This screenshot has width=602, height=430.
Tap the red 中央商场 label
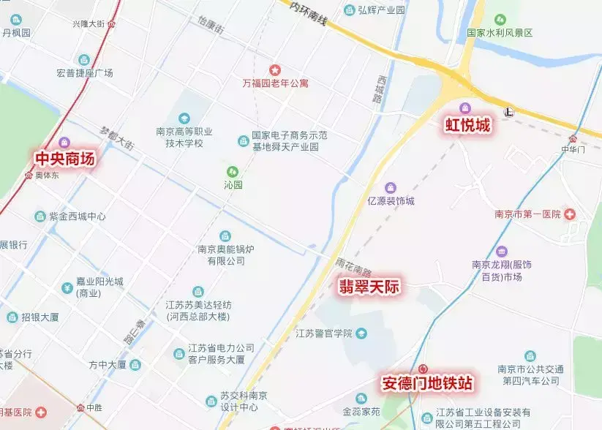(x=65, y=157)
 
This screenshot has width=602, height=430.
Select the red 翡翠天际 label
(x=369, y=286)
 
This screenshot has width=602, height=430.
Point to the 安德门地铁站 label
(x=426, y=382)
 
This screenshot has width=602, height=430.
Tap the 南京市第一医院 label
(x=527, y=214)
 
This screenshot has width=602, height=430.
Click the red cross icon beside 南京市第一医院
(x=569, y=214)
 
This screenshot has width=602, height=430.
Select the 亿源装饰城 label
(x=391, y=201)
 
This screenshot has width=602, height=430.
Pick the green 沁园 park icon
(x=233, y=171)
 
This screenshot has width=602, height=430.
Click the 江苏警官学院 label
(x=323, y=333)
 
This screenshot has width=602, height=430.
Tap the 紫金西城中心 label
(x=77, y=216)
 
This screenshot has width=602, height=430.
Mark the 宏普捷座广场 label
(x=84, y=73)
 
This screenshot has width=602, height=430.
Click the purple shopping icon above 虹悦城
(x=465, y=108)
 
